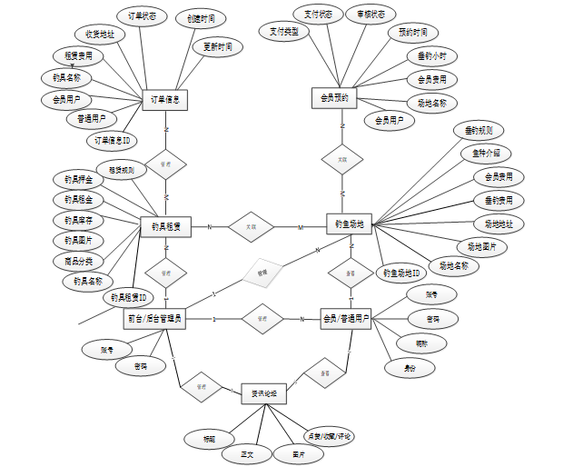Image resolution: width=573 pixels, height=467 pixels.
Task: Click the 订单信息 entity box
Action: (165, 100)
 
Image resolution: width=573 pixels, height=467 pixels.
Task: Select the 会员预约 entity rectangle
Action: (335, 96)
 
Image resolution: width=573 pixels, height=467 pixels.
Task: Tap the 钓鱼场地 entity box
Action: (349, 224)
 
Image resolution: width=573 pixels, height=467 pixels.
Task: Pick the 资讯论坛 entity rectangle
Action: (264, 392)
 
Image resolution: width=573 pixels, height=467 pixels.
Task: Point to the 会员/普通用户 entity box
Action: (346, 319)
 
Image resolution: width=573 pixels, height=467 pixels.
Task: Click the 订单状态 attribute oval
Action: (140, 16)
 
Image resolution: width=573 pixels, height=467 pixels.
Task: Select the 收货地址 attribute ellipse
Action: (99, 35)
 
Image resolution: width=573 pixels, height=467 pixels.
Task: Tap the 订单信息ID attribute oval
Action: (113, 141)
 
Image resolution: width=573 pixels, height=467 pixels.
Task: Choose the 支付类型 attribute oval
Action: (283, 31)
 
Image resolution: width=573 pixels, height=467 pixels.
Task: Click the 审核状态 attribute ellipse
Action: (370, 15)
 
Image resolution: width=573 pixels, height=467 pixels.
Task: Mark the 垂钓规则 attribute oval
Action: (479, 131)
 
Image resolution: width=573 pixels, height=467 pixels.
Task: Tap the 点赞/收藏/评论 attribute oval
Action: (328, 437)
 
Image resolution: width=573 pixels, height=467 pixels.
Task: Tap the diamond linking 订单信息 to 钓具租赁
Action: (165, 164)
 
